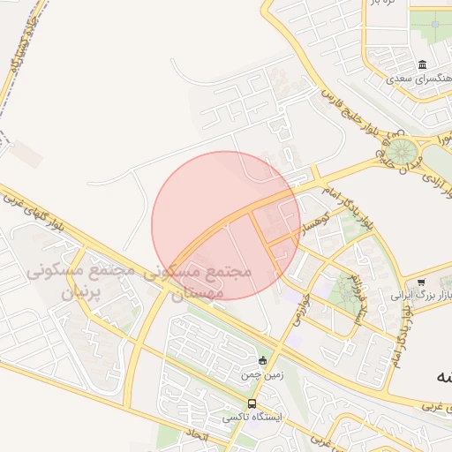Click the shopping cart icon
point(420,282)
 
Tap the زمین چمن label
point(261,374)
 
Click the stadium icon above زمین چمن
point(261,360)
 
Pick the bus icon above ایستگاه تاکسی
point(253,403)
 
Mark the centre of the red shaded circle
point(226,225)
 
